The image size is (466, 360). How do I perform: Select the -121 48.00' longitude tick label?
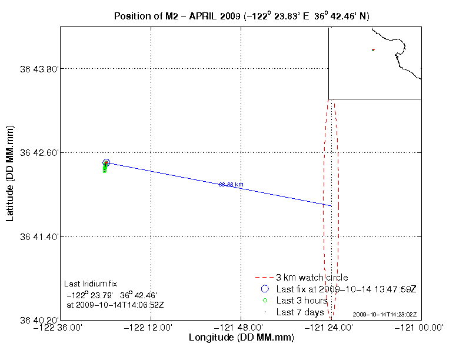[241, 328]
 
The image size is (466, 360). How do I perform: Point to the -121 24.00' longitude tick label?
[331, 328]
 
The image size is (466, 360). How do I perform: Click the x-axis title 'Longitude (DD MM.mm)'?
[241, 338]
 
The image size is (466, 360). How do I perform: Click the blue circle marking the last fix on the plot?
[106, 162]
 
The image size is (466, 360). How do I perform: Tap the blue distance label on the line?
[231, 185]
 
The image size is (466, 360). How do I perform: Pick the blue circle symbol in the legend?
[264, 289]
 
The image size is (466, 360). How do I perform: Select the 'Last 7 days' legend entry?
[300, 312]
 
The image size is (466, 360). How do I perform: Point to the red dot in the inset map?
[373, 50]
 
